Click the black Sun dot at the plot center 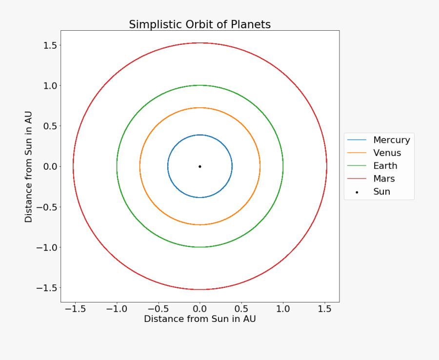(x=200, y=166)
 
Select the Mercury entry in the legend (x=391, y=140)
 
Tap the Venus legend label (x=387, y=153)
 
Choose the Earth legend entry (x=385, y=166)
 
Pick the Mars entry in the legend (x=384, y=179)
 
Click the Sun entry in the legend (x=381, y=192)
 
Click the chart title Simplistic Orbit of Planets (x=200, y=24)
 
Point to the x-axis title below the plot (x=200, y=319)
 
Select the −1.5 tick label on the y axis (x=46, y=288)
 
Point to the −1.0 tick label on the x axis (x=116, y=309)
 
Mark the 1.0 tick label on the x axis (x=283, y=309)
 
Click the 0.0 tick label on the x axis (x=200, y=309)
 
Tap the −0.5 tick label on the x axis (x=158, y=309)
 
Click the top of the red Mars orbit (x=200, y=43)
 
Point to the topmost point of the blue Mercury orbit (x=200, y=135)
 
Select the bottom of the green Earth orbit (x=200, y=247)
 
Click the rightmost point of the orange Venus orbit (x=260, y=166)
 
